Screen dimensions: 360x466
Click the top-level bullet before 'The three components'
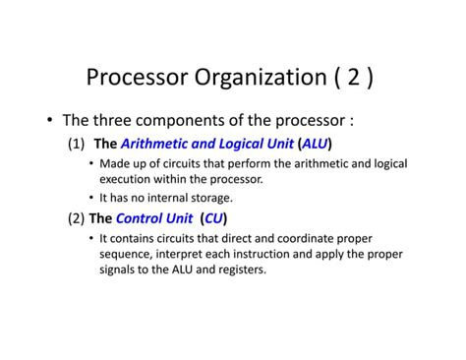[x=48, y=121]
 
